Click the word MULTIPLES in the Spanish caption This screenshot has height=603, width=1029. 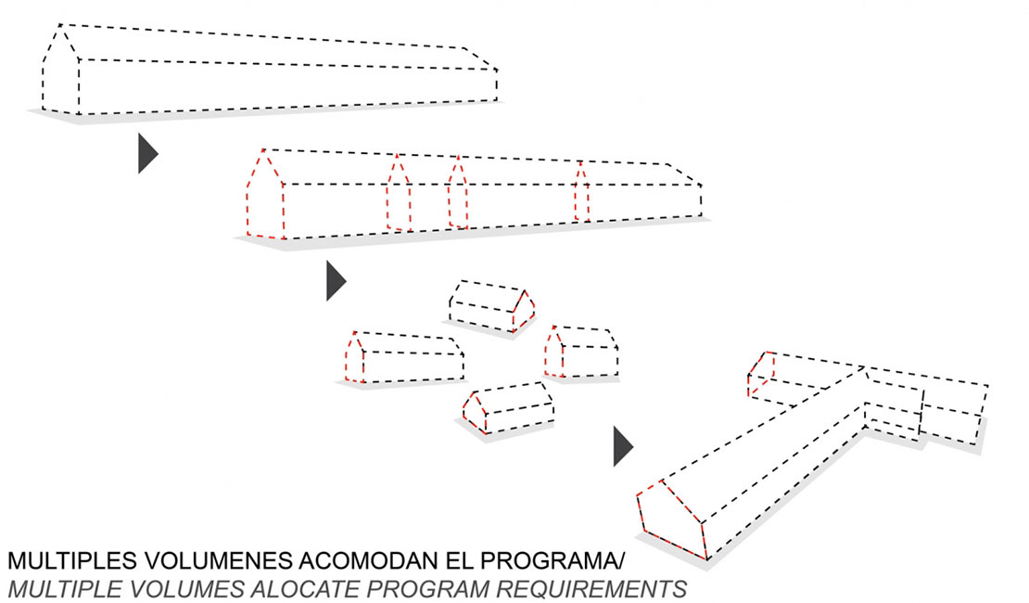(x=72, y=560)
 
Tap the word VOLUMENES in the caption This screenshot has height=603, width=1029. (x=218, y=560)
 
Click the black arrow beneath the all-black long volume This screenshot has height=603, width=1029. (x=147, y=153)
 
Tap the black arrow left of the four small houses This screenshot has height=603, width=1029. (x=336, y=280)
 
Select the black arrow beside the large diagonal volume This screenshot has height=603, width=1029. (x=623, y=446)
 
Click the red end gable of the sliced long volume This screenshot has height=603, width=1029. (x=265, y=194)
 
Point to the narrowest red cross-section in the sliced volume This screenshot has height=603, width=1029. (x=581, y=192)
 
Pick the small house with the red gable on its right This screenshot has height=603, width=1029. (x=491, y=306)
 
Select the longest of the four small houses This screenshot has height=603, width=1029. (x=404, y=357)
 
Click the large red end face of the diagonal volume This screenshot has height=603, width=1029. (x=671, y=520)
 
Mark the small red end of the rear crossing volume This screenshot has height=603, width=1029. (x=760, y=375)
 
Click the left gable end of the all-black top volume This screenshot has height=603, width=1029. (x=60, y=69)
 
